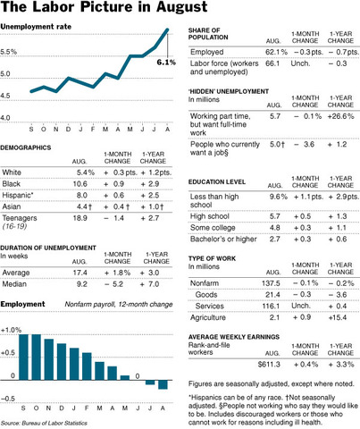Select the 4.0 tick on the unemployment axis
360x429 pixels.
(x=12, y=118)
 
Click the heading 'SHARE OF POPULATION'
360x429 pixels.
(x=209, y=37)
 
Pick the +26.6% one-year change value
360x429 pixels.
(x=339, y=117)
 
